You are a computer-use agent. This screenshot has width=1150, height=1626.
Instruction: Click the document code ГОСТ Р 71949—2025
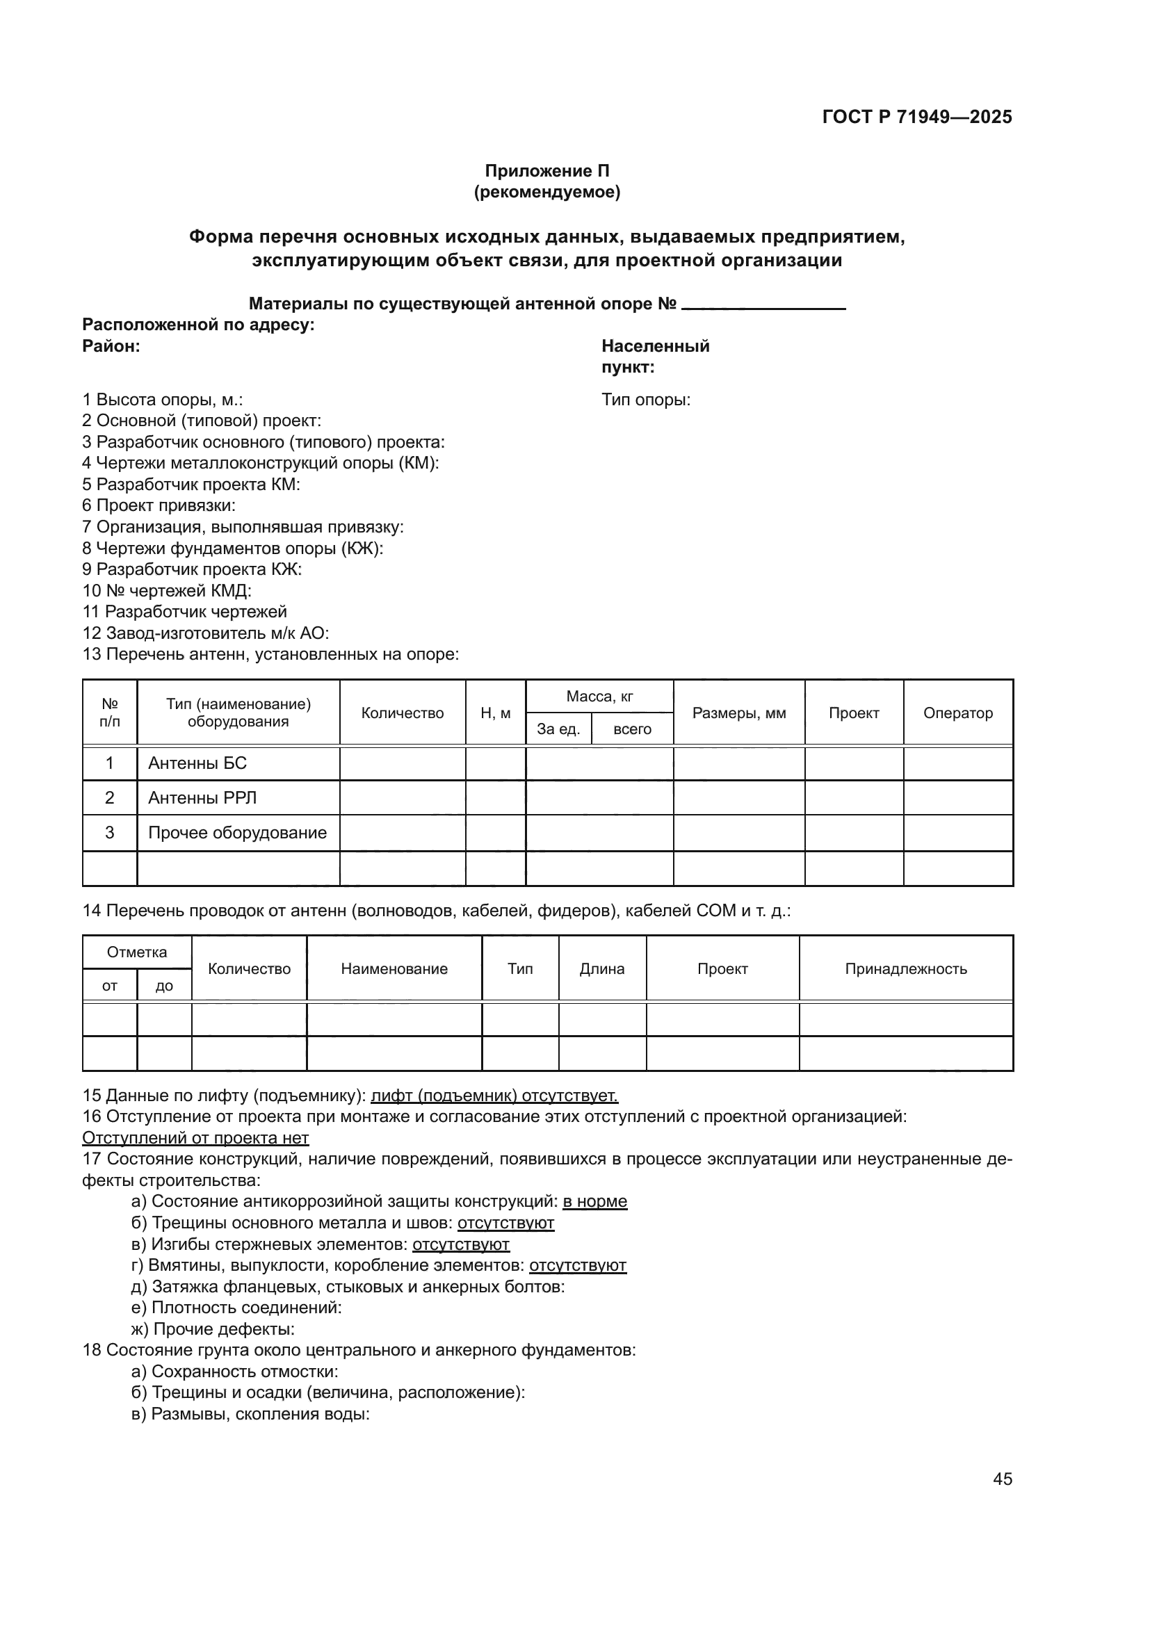[917, 117]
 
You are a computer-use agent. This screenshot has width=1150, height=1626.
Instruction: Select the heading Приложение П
[546, 171]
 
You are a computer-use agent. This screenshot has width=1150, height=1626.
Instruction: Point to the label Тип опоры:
[646, 400]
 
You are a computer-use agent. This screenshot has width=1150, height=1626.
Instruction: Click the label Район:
[111, 346]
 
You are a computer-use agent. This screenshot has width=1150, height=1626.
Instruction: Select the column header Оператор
[957, 713]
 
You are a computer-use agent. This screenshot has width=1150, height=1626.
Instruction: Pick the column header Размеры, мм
[738, 713]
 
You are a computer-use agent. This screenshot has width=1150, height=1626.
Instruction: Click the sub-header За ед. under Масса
[558, 729]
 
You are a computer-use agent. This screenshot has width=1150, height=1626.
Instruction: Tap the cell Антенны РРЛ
[202, 798]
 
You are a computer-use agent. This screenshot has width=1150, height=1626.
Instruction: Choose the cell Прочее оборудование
[237, 833]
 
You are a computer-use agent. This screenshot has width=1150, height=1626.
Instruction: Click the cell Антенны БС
[197, 763]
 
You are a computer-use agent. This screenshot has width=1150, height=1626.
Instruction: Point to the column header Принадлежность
[906, 969]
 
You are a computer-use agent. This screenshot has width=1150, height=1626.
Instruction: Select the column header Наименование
[394, 969]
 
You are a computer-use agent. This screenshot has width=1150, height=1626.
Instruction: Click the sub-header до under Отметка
[164, 986]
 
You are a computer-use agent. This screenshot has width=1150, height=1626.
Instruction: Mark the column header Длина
[602, 969]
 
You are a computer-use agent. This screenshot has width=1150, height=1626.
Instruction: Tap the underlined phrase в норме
[595, 1202]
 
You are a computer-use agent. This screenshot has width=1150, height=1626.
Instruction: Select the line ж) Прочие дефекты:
[213, 1329]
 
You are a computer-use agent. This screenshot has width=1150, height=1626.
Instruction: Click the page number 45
[1002, 1479]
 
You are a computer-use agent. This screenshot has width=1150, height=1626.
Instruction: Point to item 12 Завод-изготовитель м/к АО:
[205, 633]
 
